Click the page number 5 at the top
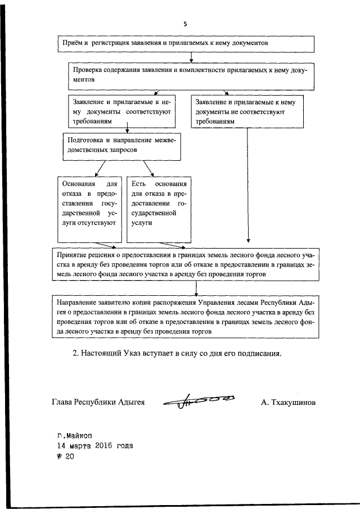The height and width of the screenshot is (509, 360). pyautogui.click(x=184, y=24)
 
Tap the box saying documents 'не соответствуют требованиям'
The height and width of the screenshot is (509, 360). pyautogui.click(x=247, y=111)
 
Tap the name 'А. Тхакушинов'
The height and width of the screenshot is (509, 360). pyautogui.click(x=288, y=403)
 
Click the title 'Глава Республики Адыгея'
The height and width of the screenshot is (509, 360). pyautogui.click(x=98, y=403)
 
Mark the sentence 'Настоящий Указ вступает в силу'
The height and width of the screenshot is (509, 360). pyautogui.click(x=177, y=354)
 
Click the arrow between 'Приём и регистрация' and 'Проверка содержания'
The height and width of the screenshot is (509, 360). pyautogui.click(x=192, y=56)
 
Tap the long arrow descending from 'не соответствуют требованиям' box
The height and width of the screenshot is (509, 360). pyautogui.click(x=247, y=186)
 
